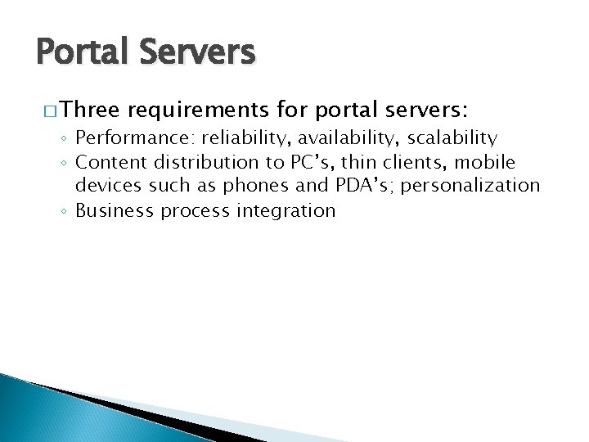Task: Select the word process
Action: [x=195, y=211]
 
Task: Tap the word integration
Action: [x=286, y=211]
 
